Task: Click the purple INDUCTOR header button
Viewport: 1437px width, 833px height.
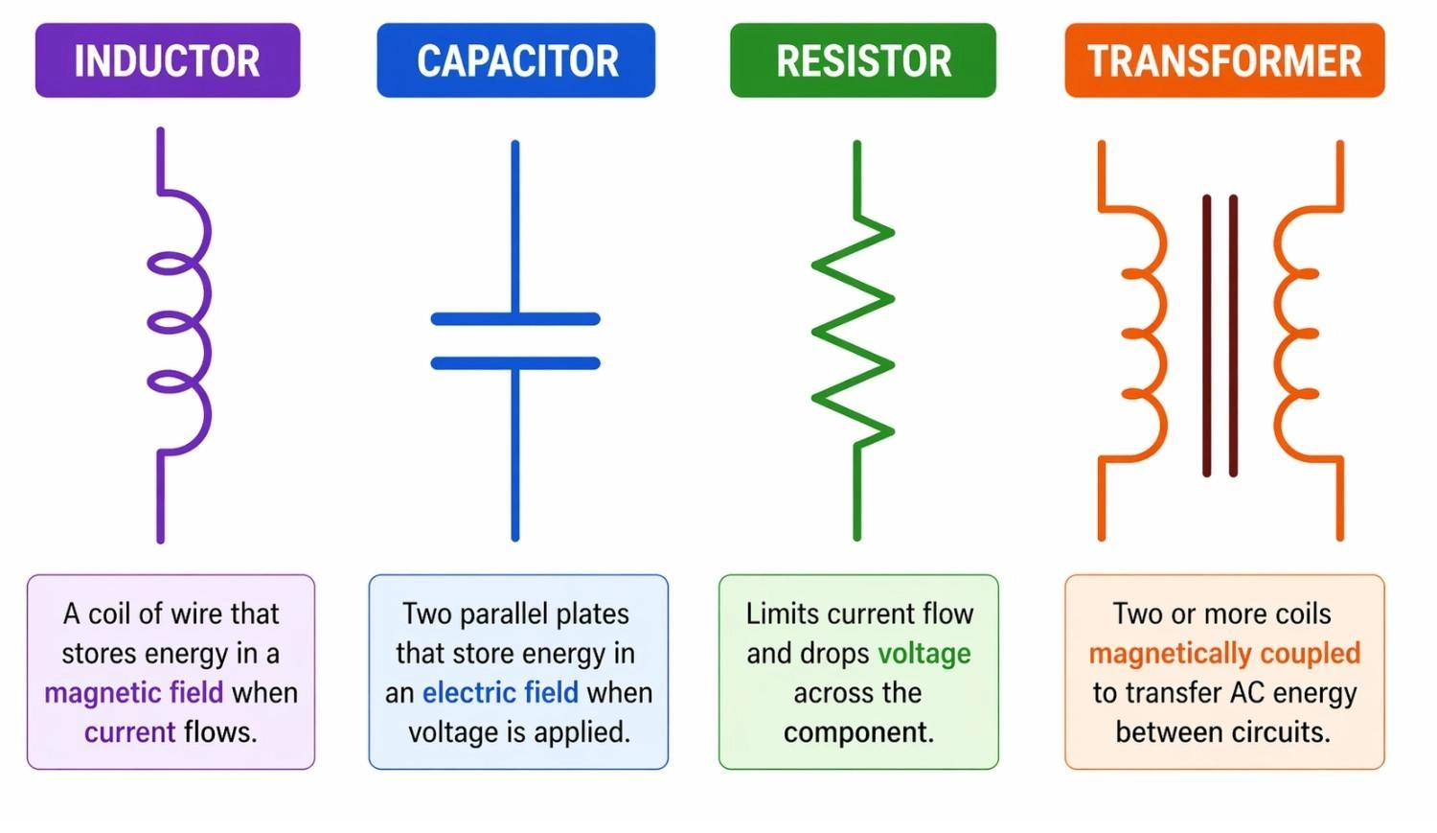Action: pos(168,61)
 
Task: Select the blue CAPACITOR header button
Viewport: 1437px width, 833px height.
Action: pos(516,61)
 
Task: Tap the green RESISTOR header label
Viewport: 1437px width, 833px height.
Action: pos(863,61)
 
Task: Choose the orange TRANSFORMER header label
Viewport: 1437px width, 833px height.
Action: pos(1224,61)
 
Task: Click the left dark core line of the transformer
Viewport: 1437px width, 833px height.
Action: pos(1207,336)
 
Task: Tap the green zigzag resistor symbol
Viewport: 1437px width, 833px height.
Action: pos(853,331)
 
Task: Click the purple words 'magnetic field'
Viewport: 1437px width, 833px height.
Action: pos(133,692)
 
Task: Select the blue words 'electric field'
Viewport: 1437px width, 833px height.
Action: pos(500,692)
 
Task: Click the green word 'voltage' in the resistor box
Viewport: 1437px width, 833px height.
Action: pos(924,654)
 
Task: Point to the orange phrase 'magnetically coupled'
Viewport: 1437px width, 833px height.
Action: pos(1224,654)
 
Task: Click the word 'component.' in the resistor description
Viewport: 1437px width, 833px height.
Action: pos(858,732)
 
